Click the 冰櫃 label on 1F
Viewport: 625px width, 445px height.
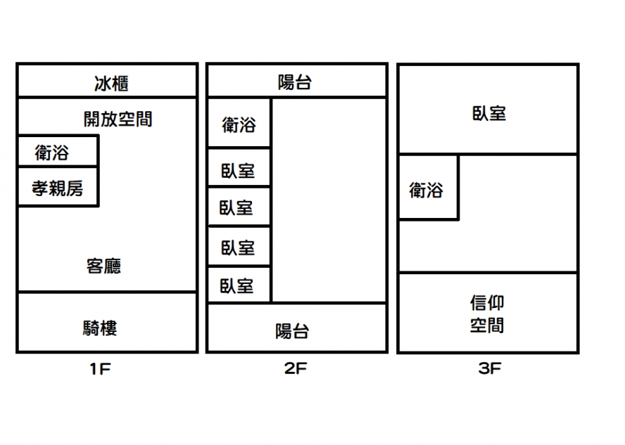(x=111, y=84)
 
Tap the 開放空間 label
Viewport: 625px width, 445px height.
(x=118, y=119)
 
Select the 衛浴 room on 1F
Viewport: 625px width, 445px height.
(x=53, y=152)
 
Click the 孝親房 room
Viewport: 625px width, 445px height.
(x=57, y=188)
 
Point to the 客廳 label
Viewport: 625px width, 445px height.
(x=103, y=266)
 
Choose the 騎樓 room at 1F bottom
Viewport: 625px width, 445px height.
(x=99, y=327)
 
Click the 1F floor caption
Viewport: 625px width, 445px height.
(x=99, y=368)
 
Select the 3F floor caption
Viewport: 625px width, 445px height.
(x=488, y=368)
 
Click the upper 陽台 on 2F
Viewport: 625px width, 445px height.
(x=295, y=82)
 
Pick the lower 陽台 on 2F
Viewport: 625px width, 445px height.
(x=292, y=330)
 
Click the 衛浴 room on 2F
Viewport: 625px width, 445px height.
(x=239, y=125)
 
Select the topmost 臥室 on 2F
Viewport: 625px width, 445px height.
(x=237, y=170)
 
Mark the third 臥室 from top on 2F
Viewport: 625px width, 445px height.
(x=237, y=247)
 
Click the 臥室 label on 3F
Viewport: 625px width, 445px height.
(x=488, y=113)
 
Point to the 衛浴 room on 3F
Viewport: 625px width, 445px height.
(x=427, y=188)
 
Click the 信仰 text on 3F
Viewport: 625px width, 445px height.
(x=487, y=303)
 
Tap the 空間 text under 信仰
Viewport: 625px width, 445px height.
(x=487, y=325)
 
